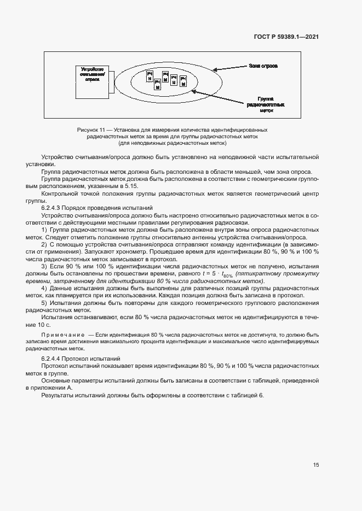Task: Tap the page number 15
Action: point(316,465)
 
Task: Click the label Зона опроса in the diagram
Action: point(263,66)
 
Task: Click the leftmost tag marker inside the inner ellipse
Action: point(149,77)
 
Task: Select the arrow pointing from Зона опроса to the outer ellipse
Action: point(229,68)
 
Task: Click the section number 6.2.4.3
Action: point(53,209)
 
